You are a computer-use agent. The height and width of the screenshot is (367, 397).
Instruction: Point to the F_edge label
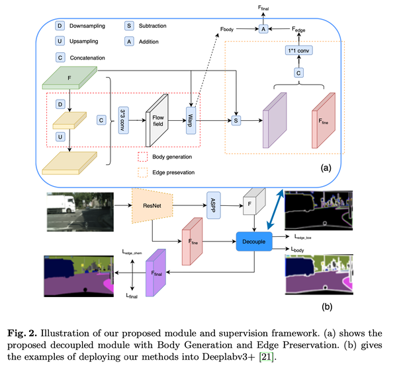(303, 30)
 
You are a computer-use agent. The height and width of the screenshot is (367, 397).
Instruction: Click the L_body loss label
(304, 249)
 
